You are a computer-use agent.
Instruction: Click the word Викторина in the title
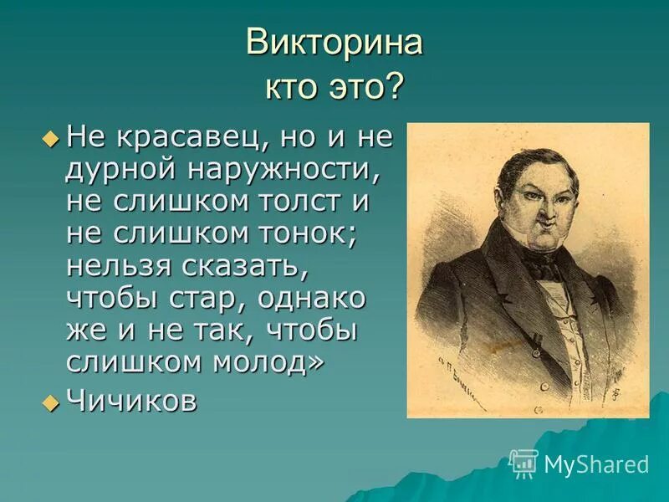(334, 44)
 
